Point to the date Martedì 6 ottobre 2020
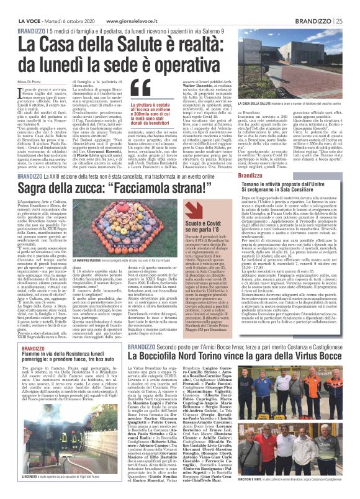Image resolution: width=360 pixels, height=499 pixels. pos(66,4)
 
